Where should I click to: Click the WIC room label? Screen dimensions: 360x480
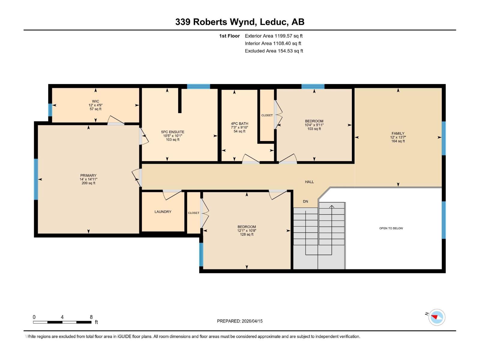click(95, 101)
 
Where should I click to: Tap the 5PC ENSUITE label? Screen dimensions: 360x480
click(172, 132)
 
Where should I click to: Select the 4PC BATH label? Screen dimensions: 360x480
click(239, 124)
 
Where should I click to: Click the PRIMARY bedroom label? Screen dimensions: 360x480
click(88, 175)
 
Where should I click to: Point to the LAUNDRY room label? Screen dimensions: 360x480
click(163, 212)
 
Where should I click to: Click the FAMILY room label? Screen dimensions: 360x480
click(398, 133)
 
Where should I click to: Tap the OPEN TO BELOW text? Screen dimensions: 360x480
click(391, 228)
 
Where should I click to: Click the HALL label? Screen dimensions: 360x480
click(309, 182)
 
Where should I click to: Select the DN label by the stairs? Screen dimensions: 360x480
click(305, 202)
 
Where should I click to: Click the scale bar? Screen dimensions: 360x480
click(62, 322)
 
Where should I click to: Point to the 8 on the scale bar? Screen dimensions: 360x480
click(91, 317)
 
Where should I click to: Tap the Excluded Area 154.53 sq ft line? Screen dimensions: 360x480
click(274, 51)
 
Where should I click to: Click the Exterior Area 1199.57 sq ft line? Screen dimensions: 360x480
click(274, 36)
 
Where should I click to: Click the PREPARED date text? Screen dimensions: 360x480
click(240, 321)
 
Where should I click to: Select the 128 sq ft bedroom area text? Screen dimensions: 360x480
click(247, 235)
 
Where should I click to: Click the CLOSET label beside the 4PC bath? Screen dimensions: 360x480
click(267, 115)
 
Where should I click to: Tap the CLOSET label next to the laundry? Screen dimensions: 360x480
click(193, 213)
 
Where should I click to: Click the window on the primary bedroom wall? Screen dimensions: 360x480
click(36, 179)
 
